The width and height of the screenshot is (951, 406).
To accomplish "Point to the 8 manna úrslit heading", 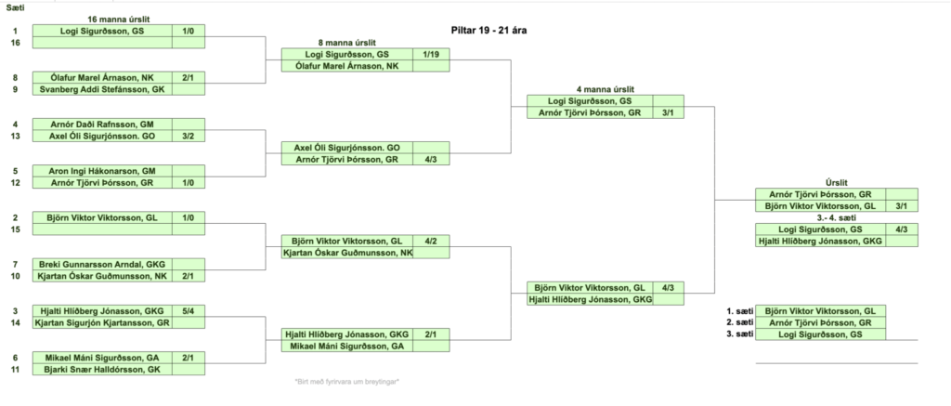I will click(346, 43).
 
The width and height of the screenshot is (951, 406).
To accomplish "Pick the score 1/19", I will click(430, 55).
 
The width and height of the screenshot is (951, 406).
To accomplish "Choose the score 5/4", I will click(189, 311).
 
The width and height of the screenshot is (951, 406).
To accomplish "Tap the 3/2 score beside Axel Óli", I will click(189, 136).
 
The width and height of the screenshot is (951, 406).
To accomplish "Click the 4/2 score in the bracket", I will click(430, 241).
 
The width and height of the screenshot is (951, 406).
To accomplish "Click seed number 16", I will click(14, 43).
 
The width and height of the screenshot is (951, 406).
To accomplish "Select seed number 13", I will click(14, 136).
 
